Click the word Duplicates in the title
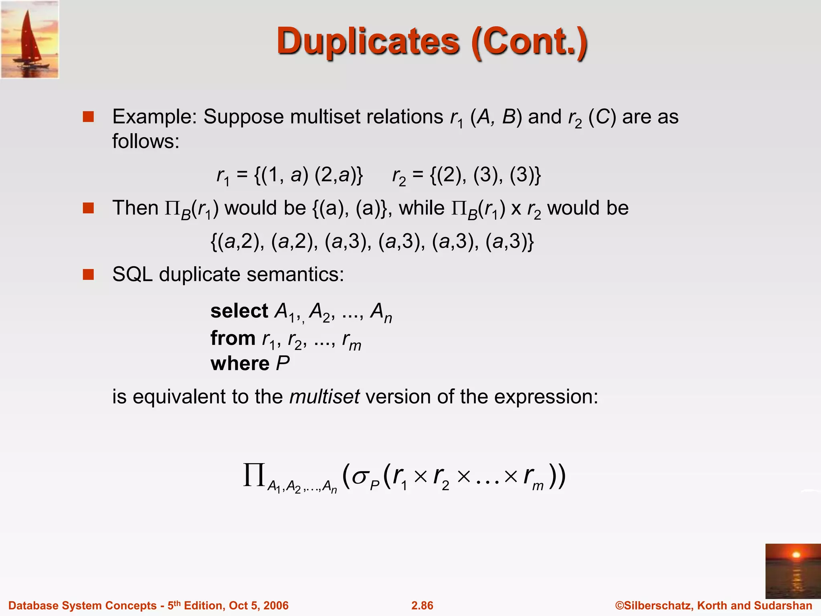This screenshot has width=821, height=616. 368,42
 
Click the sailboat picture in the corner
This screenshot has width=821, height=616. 30,39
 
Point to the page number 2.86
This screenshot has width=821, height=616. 422,606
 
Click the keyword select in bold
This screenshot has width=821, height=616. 239,311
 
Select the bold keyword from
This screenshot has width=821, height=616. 233,338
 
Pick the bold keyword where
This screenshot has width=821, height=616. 240,364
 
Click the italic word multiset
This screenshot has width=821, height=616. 324,397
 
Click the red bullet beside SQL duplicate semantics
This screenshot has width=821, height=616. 88,275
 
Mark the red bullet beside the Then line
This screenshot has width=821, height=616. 88,208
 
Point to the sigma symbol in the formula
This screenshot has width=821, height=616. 360,477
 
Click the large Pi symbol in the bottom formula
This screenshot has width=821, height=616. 254,475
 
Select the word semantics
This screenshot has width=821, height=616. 295,275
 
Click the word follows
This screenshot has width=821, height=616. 145,141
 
